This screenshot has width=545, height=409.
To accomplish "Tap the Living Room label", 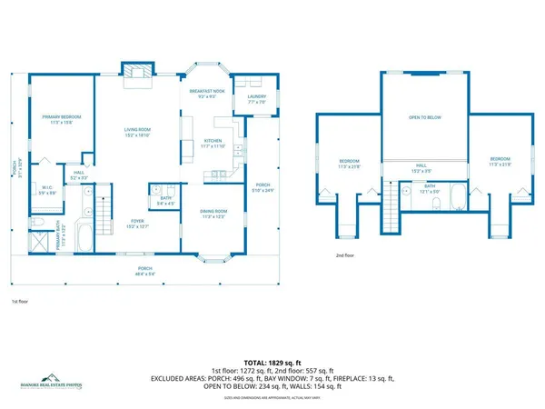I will click(137, 133).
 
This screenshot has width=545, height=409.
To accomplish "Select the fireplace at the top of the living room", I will click(138, 75).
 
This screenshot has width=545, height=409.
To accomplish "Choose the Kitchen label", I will click(213, 144).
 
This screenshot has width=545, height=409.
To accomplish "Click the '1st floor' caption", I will click(21, 300).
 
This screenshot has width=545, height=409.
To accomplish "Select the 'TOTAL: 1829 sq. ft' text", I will click(272, 362).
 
